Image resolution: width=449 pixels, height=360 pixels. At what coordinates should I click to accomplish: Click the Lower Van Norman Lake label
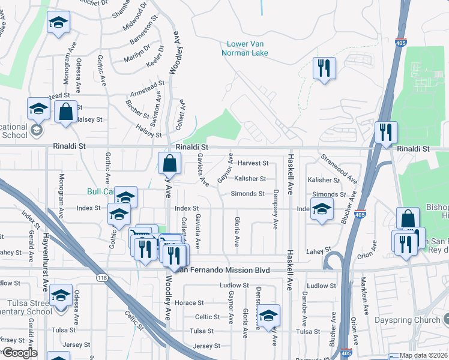click(x=247, y=48)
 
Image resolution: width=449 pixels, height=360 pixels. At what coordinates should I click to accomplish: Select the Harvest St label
click(x=252, y=163)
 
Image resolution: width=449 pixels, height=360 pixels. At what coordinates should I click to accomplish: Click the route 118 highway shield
click(x=101, y=277)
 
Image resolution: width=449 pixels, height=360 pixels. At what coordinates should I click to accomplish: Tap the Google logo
click(x=19, y=353)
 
